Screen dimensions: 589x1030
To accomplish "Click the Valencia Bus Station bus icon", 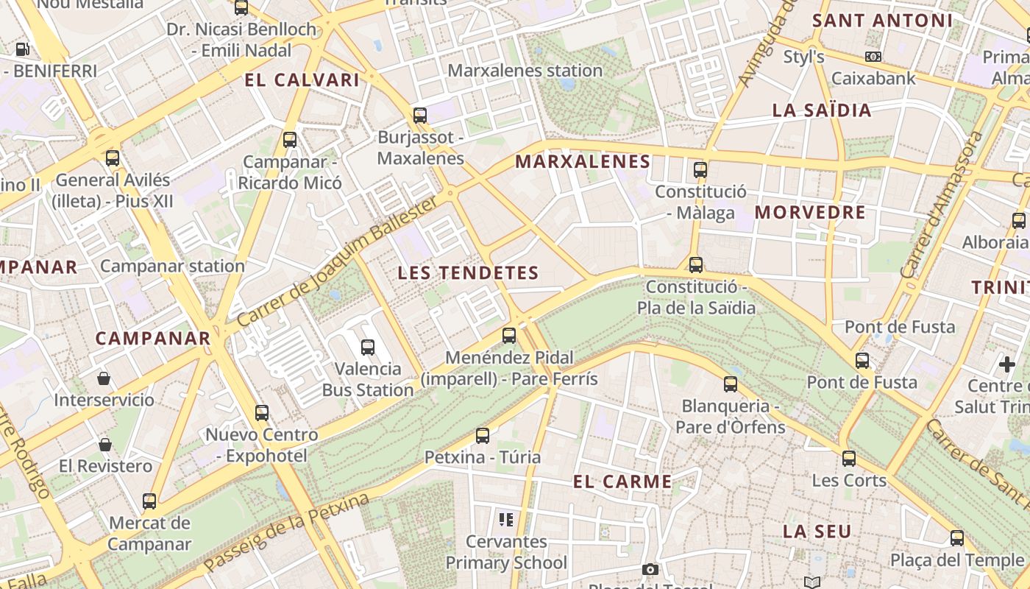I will click(x=368, y=347).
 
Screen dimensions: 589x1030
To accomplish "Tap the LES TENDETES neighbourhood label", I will click(x=468, y=273).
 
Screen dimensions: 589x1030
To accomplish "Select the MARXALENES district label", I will click(x=583, y=162).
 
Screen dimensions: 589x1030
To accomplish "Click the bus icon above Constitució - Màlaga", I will click(x=700, y=170).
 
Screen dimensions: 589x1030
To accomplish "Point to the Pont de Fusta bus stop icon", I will click(x=862, y=361).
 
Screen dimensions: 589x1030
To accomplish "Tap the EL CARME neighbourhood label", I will click(x=622, y=482).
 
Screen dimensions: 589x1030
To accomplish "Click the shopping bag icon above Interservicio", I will click(x=104, y=378).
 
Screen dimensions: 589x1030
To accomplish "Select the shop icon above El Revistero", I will click(x=105, y=445).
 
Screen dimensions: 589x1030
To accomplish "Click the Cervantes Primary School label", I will click(x=506, y=552).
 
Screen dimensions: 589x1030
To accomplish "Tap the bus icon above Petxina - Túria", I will click(x=483, y=436).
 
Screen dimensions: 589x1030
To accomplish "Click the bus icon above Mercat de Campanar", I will click(x=149, y=501).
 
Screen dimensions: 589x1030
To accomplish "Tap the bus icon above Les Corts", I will click(x=849, y=459).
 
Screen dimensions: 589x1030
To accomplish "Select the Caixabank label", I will click(x=873, y=78).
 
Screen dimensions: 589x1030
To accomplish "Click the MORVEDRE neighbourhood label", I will click(x=810, y=213).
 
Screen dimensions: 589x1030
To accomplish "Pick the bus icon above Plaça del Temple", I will click(x=957, y=538).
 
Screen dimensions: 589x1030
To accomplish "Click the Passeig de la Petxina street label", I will click(x=286, y=533).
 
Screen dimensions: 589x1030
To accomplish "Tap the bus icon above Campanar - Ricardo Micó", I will click(x=290, y=139).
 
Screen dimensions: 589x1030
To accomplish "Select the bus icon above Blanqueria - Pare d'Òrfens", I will click(x=731, y=384).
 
